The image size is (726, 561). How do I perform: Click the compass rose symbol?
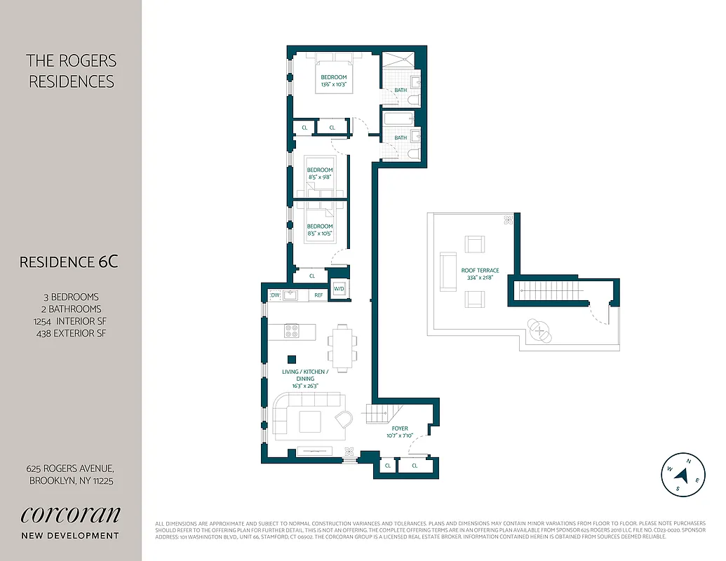click(683, 475)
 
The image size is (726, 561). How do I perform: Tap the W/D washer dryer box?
click(339, 289)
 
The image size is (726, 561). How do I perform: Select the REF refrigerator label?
click(318, 295)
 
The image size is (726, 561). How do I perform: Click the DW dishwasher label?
click(275, 295)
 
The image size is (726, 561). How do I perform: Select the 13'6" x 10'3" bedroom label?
click(334, 81)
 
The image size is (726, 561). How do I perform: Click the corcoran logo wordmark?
click(70, 514)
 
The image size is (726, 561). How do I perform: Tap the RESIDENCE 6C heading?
click(69, 262)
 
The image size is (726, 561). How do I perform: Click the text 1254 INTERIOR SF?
click(70, 320)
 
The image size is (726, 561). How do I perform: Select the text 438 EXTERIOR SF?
click(70, 332)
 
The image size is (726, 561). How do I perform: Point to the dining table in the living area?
click(342, 346)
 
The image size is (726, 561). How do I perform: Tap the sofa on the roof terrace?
click(445, 271)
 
